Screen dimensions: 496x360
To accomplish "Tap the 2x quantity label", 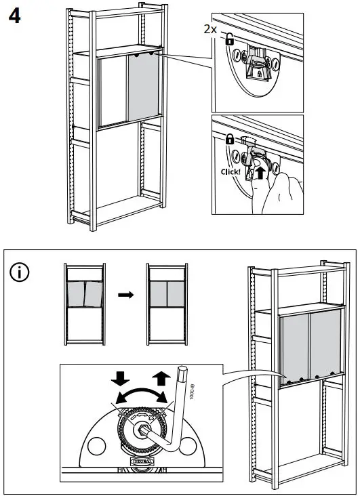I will (x=210, y=29).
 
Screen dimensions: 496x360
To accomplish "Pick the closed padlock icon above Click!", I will (x=229, y=140).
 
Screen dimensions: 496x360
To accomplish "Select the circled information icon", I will (x=20, y=273).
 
